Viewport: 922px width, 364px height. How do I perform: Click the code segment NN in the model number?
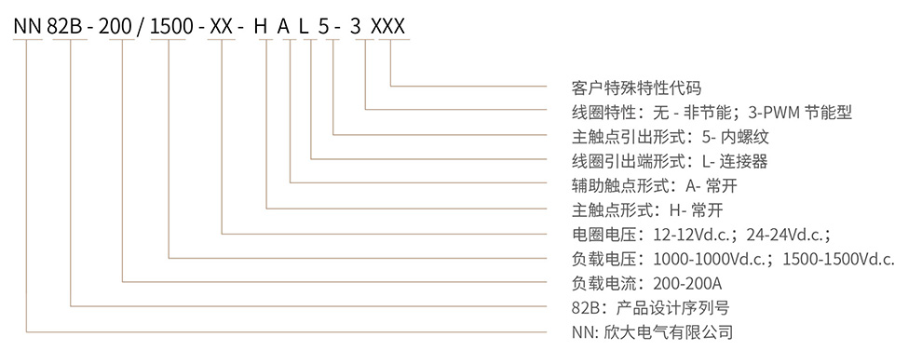(x=28, y=27)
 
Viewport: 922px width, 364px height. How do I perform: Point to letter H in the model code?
(x=267, y=27)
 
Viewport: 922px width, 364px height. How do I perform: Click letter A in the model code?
(x=291, y=27)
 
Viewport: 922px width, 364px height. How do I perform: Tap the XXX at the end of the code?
(x=388, y=27)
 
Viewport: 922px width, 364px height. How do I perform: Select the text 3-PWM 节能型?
(x=800, y=113)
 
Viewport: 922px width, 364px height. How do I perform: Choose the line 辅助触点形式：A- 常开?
(x=652, y=185)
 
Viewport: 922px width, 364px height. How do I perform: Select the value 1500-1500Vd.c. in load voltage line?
(x=839, y=258)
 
